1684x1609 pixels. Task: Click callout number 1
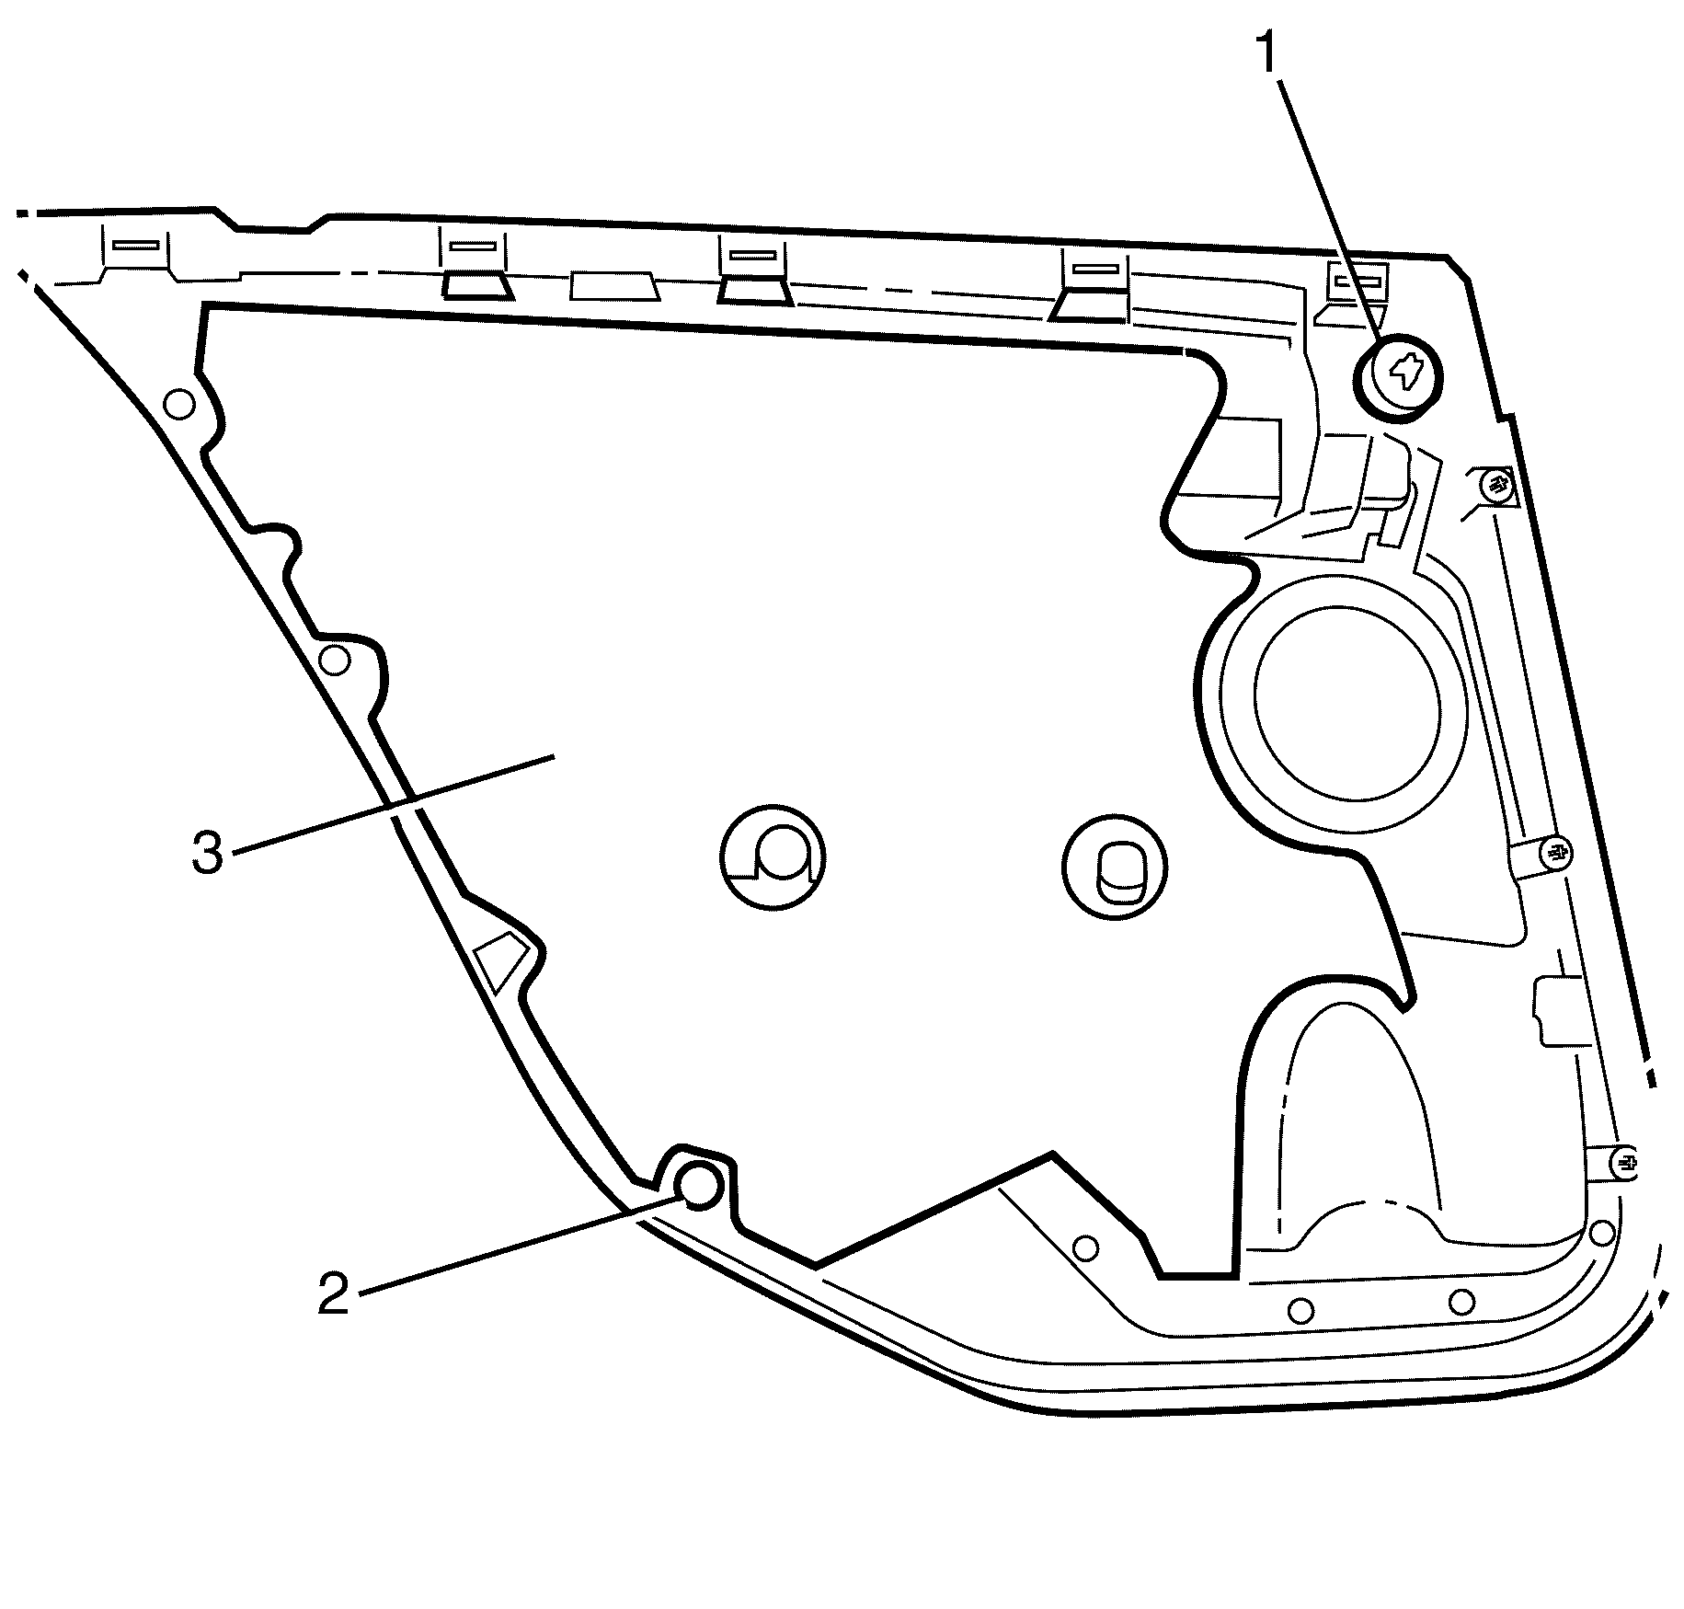(x=1269, y=52)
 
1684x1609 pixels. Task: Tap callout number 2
(x=334, y=1293)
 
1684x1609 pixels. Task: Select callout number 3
(x=207, y=853)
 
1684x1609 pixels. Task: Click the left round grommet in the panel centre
(x=773, y=857)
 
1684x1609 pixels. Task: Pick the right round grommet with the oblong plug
(x=1114, y=867)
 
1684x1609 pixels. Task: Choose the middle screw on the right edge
(x=1553, y=851)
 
